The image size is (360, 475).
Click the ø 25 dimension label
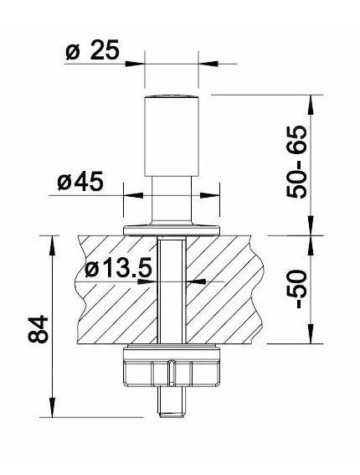pos(92,51)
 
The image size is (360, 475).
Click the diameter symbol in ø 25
pos(73,51)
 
